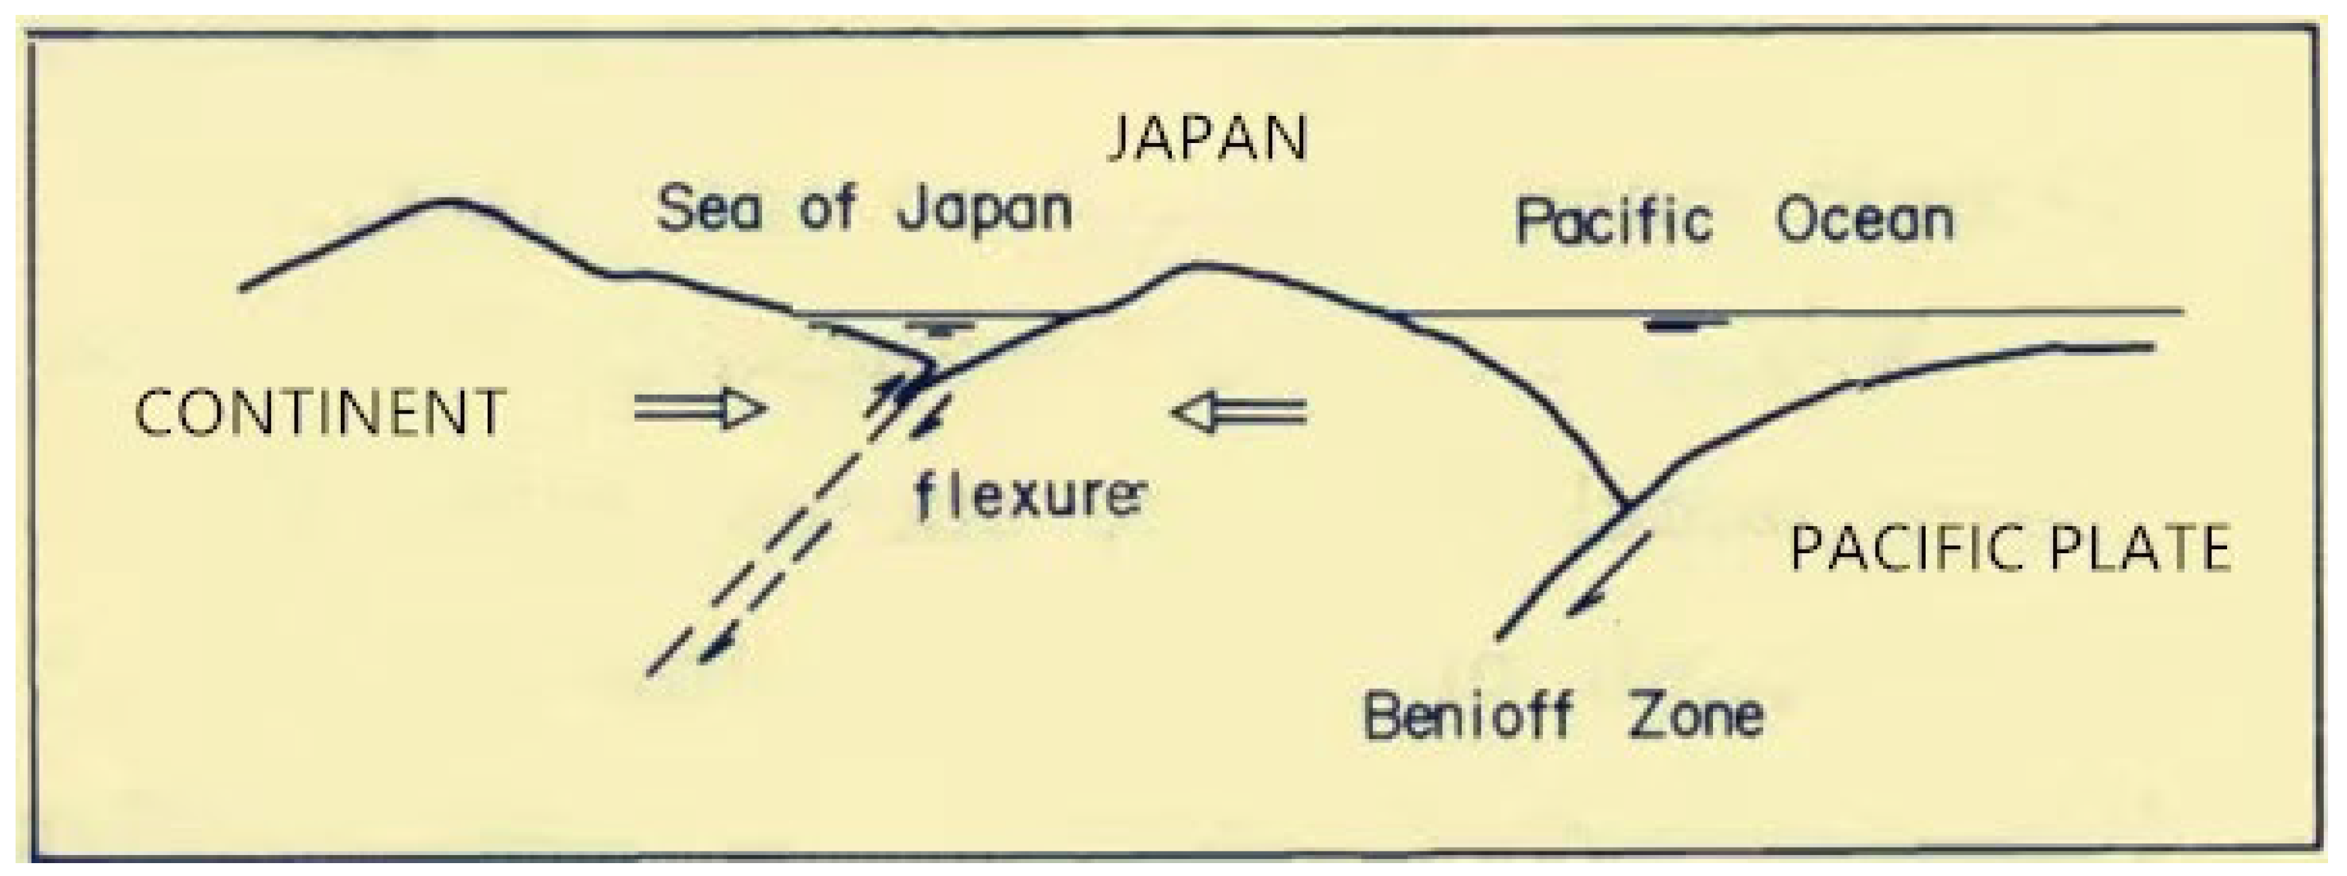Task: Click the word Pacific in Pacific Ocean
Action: [x=1613, y=222]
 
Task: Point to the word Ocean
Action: [x=1864, y=222]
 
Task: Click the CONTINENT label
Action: [x=320, y=412]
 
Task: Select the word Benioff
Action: [x=1468, y=715]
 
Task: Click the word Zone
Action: [x=1695, y=715]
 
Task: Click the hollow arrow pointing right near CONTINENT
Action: [x=698, y=410]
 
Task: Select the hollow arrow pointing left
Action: [x=1239, y=413]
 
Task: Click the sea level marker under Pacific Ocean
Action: [x=1685, y=323]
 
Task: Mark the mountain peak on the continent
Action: [x=446, y=201]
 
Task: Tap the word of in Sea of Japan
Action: [x=827, y=210]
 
